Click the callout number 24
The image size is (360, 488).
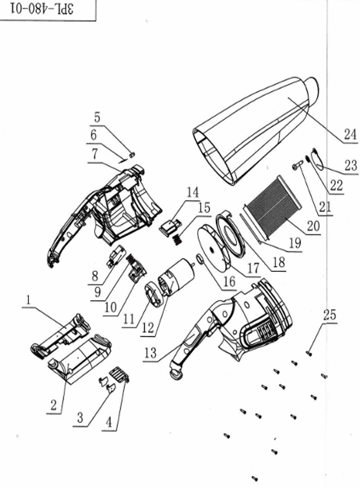[x=350, y=135]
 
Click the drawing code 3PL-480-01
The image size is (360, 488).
[x=47, y=9]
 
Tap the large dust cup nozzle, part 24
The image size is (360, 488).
[x=253, y=130]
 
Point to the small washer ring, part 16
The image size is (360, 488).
[x=200, y=259]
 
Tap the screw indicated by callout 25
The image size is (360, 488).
[x=308, y=353]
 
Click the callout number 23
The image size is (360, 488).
[x=351, y=165]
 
